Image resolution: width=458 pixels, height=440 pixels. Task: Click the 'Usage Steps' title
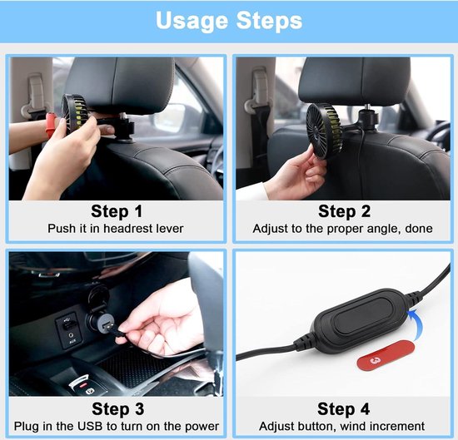229,21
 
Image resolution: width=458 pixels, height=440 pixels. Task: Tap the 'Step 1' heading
117,211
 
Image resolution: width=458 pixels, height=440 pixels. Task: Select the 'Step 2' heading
345,211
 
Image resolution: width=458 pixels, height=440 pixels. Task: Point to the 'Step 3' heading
117,408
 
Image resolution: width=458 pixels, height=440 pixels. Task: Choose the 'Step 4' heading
343,408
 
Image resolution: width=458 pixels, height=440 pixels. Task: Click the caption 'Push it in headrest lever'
116,229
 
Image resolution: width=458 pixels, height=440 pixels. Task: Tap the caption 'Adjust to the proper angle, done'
342,229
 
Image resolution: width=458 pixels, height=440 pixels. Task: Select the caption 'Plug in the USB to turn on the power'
117,427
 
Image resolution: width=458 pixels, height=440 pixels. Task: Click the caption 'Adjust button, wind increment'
341,427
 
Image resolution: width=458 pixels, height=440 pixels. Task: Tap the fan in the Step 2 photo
324,131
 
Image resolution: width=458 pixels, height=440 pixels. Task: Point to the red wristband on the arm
51,125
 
